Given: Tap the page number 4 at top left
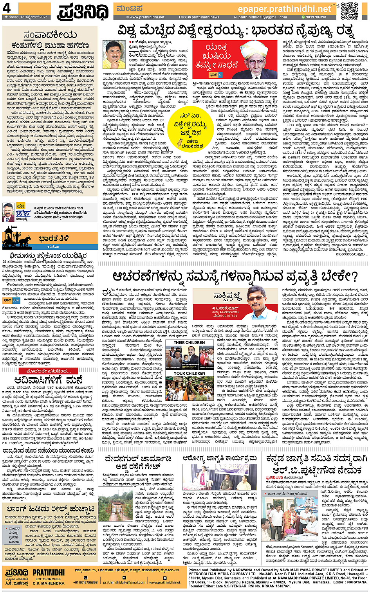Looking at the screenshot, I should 7,8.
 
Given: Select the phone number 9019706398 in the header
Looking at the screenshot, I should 316,17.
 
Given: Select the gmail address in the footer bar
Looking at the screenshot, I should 124,582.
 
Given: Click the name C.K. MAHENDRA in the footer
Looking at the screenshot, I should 49,583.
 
